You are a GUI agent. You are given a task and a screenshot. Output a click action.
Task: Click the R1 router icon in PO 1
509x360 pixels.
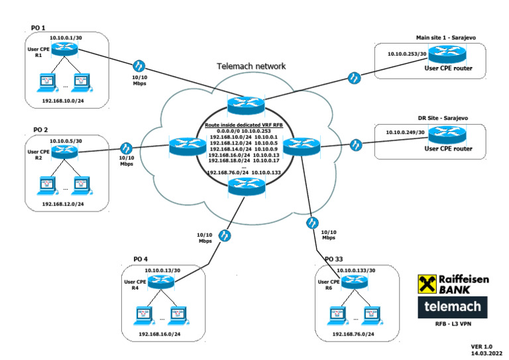66,50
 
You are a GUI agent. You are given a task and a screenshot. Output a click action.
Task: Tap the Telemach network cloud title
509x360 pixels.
251,66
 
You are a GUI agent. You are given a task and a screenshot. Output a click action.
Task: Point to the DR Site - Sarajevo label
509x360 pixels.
443,117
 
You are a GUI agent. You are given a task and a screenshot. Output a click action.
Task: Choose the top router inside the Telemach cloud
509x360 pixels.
245,105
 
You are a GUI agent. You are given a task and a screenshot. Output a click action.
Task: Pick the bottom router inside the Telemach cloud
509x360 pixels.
245,187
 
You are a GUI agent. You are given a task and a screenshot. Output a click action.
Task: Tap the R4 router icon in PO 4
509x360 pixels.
160,282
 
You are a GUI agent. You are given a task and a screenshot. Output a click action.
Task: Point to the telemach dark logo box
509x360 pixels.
451,306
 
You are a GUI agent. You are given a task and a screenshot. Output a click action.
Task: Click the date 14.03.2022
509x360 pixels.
485,354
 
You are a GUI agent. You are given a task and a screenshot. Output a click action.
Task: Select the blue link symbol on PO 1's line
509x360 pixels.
139,66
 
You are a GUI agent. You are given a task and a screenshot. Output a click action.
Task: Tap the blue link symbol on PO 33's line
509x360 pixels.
313,222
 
